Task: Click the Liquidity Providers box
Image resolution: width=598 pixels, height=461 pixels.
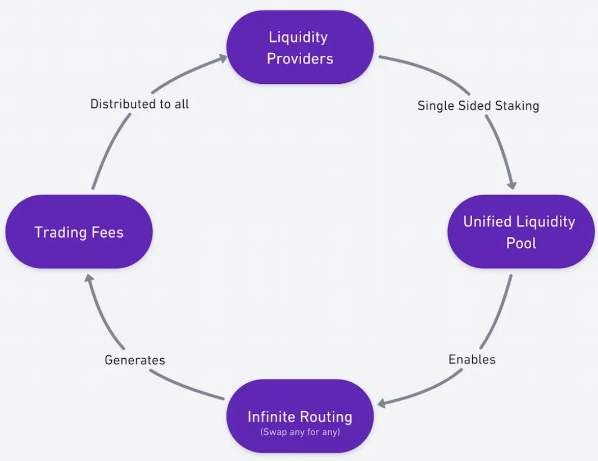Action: pyautogui.click(x=300, y=47)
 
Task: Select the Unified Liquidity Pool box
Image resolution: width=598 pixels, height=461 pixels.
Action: pyautogui.click(x=521, y=232)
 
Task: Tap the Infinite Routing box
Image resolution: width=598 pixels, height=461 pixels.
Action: pyautogui.click(x=300, y=416)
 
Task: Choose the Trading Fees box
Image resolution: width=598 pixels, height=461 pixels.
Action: pyautogui.click(x=79, y=232)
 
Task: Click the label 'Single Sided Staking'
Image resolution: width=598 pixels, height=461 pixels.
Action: pyautogui.click(x=478, y=106)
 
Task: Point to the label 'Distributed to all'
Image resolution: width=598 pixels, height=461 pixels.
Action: pyautogui.click(x=139, y=104)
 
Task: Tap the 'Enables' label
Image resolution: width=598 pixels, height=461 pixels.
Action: pyautogui.click(x=472, y=359)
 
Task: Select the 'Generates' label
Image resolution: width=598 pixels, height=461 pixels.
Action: pyautogui.click(x=135, y=360)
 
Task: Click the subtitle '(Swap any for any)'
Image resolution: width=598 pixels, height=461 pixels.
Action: pyautogui.click(x=300, y=432)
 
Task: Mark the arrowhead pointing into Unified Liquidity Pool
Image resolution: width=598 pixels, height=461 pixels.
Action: pyautogui.click(x=512, y=185)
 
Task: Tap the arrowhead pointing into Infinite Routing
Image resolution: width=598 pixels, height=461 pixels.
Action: pyautogui.click(x=382, y=403)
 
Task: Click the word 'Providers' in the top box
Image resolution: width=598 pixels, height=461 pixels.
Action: pyautogui.click(x=300, y=58)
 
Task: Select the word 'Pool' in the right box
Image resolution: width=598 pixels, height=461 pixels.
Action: pyautogui.click(x=521, y=243)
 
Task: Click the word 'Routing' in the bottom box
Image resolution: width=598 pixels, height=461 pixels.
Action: pyautogui.click(x=327, y=417)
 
